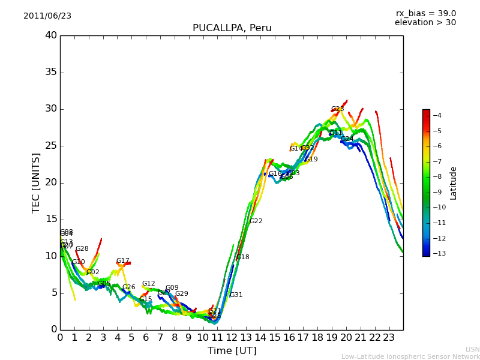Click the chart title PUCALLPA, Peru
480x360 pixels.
coord(232,28)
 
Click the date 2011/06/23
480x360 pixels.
coord(47,16)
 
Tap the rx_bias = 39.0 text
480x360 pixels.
coord(425,14)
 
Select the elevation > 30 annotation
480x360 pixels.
coord(425,23)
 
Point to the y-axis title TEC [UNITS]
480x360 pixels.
coord(36,182)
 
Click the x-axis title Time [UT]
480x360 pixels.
coord(232,351)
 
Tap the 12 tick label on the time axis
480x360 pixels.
coord(232,338)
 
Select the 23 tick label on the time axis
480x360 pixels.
coord(389,338)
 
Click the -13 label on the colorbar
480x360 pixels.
coord(437,254)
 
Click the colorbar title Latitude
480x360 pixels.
coord(454,183)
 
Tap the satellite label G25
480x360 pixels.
coord(337,109)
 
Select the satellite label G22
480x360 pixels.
coord(256,221)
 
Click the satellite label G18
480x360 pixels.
coord(242,257)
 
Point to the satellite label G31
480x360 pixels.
coord(236,295)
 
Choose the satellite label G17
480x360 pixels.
coord(122,261)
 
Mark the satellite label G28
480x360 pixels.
coord(82,249)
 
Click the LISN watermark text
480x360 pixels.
coord(472,349)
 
